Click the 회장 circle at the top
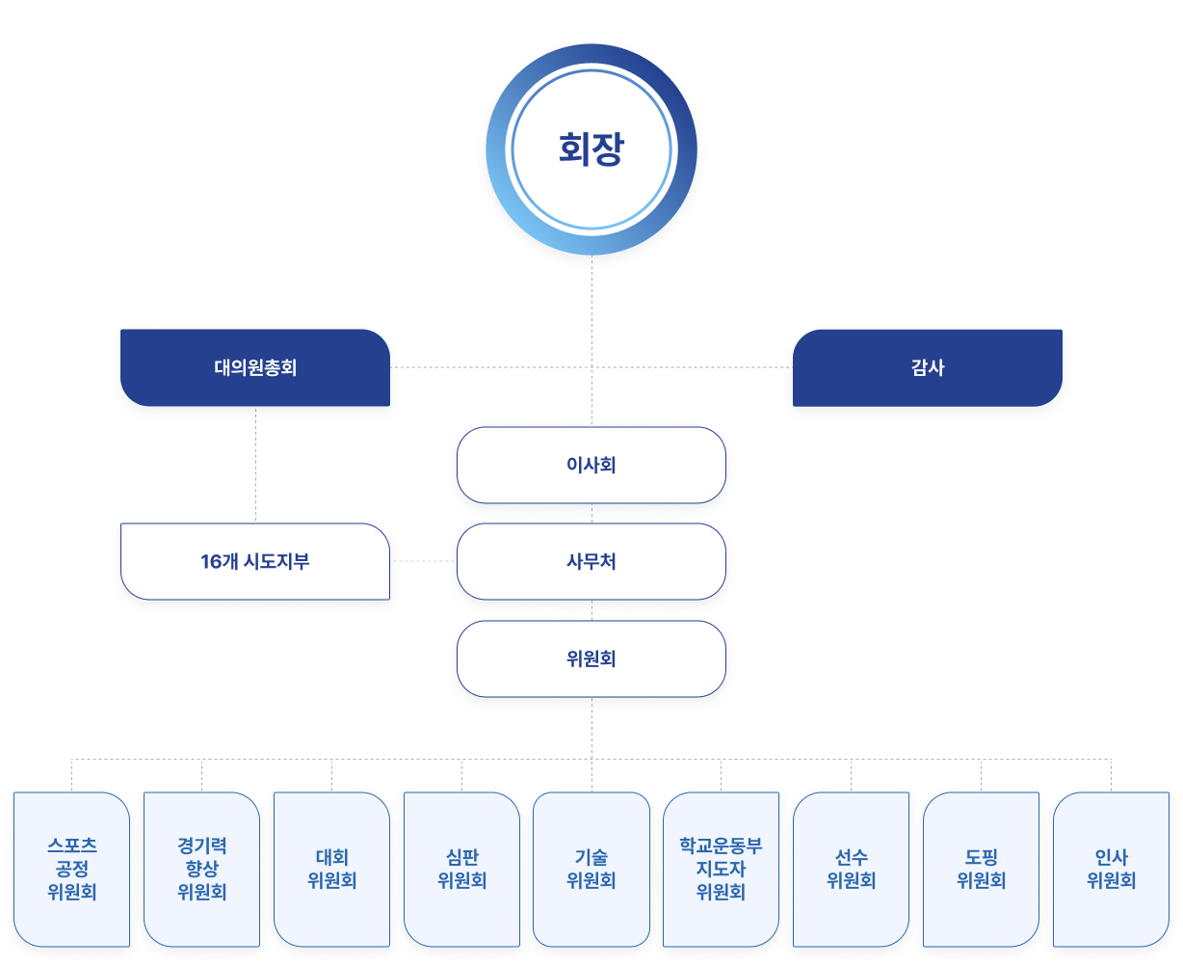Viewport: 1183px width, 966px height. (591, 150)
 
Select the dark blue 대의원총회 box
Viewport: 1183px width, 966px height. (255, 367)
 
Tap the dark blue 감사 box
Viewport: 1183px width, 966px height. (928, 367)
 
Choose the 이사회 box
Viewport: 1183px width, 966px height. (591, 466)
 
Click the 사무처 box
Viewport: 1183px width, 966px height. (591, 562)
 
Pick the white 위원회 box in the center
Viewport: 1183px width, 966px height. (591, 659)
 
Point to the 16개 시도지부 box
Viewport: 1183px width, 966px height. (255, 562)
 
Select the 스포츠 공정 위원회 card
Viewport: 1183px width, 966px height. (72, 869)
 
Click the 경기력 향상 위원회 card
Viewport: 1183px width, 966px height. (202, 869)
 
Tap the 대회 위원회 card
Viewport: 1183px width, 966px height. (332, 869)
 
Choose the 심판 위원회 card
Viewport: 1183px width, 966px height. (461, 869)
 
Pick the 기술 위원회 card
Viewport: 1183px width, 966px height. (591, 869)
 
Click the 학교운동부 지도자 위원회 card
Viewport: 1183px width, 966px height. (721, 869)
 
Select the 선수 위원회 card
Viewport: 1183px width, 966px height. (852, 869)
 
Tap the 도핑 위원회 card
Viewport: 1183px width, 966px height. (982, 869)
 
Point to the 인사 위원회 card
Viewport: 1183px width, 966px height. (1112, 869)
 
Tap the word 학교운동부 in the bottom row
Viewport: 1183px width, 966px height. (721, 846)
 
